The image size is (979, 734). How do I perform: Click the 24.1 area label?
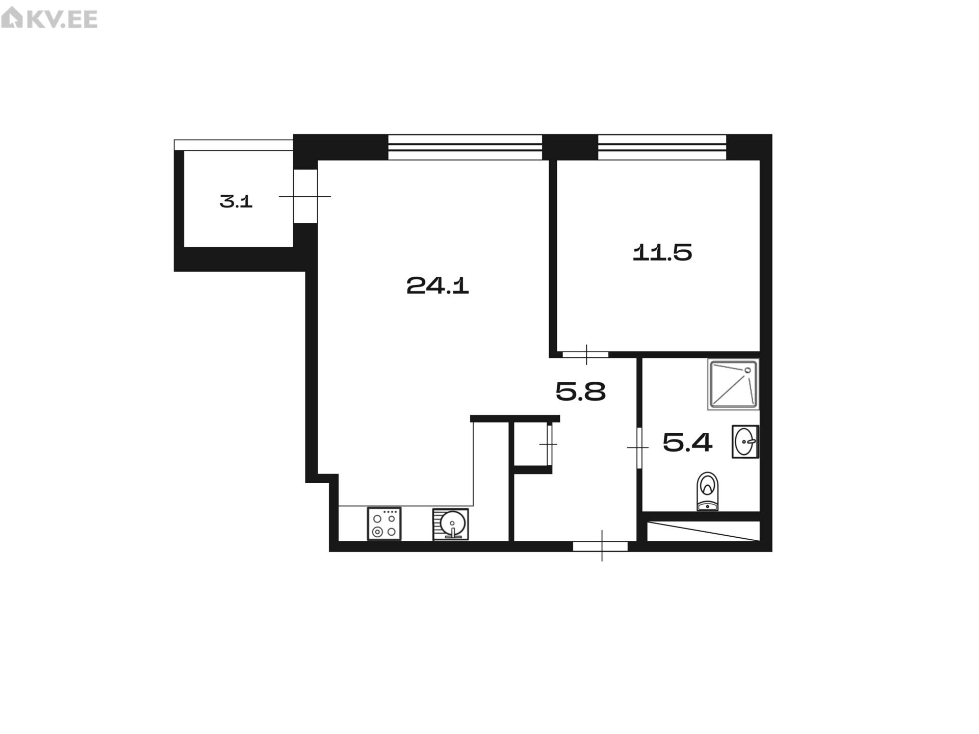[437, 285]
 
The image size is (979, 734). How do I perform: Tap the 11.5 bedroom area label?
[662, 252]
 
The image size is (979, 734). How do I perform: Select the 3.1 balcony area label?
[236, 202]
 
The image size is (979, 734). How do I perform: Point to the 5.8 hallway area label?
[580, 392]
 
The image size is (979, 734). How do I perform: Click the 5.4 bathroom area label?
[687, 442]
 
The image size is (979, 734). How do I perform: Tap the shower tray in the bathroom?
[733, 384]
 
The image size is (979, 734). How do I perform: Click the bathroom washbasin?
[745, 441]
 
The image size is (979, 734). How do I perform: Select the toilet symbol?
[707, 491]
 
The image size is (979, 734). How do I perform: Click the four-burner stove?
[384, 523]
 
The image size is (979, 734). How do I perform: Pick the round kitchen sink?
[451, 524]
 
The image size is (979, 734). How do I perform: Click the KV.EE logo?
[49, 19]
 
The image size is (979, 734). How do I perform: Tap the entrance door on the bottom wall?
[600, 546]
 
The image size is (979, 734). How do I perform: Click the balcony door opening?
[305, 196]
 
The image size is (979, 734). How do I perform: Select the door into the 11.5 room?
[585, 354]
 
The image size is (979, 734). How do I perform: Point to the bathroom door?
[639, 448]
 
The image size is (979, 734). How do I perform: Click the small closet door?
[549, 444]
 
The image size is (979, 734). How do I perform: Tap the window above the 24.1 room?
[465, 147]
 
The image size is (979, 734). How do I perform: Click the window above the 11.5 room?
[662, 147]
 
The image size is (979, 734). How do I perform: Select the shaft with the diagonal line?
[704, 531]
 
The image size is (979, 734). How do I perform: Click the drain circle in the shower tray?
[748, 370]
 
